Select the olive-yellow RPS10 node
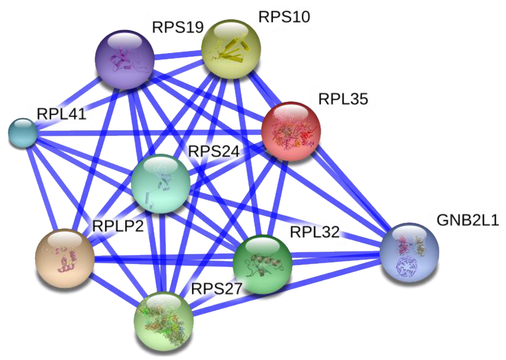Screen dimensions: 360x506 click(231, 48)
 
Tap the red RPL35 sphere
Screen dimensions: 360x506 click(291, 131)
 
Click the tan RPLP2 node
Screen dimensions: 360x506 click(65, 258)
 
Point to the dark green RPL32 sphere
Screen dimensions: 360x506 click(262, 264)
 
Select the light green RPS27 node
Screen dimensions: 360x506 click(164, 321)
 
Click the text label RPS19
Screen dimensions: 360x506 click(177, 27)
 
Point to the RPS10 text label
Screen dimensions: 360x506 click(284, 17)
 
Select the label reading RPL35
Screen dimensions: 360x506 click(343, 99)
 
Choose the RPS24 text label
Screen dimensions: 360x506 click(213, 152)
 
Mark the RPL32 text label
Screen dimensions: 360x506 click(315, 232)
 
